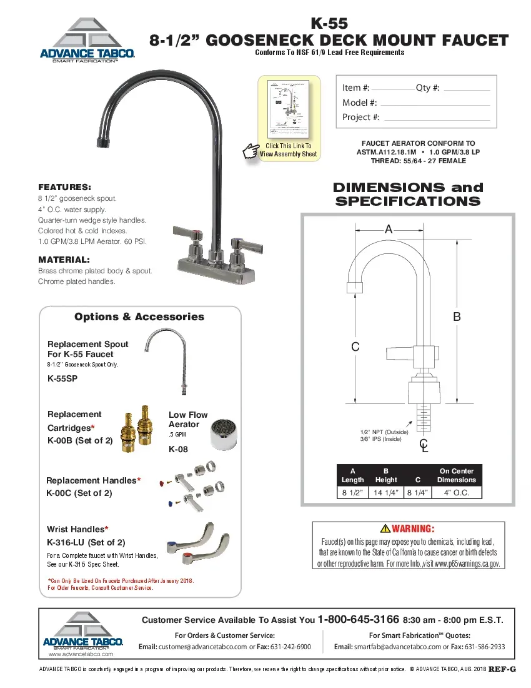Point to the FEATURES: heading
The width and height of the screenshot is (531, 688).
click(65, 187)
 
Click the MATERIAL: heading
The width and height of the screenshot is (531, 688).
click(64, 260)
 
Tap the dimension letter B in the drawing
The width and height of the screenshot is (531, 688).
click(457, 317)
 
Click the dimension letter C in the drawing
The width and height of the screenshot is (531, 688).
click(355, 347)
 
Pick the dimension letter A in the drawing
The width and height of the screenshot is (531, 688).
click(389, 230)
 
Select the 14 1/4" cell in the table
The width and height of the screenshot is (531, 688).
click(386, 492)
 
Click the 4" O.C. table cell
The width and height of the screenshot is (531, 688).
click(457, 492)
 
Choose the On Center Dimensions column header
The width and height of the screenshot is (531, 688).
click(457, 475)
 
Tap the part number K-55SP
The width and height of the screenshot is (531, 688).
click(62, 378)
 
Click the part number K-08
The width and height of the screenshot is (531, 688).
click(178, 449)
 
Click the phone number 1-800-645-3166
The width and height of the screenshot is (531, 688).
click(359, 620)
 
